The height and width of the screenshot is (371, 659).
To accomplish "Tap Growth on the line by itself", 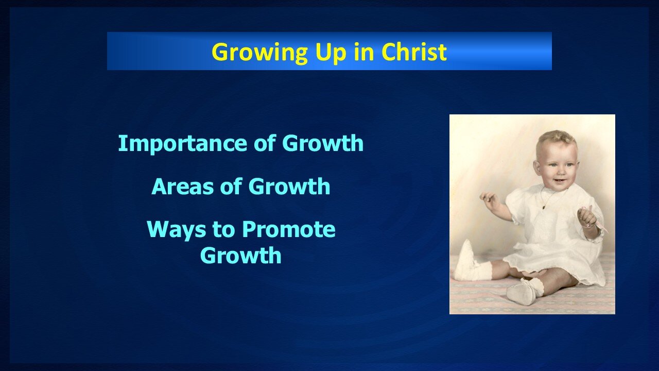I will click(240, 256).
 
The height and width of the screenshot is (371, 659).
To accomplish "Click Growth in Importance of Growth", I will click(323, 143).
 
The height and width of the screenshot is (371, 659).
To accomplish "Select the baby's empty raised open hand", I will click(488, 198).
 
